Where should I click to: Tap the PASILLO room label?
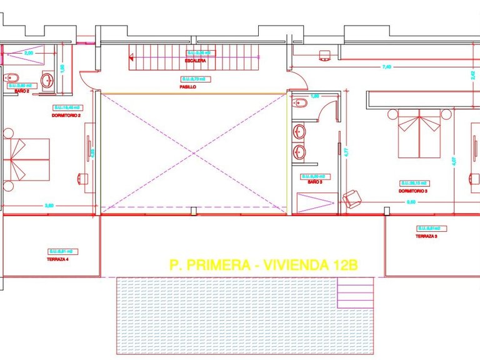pos(187,87)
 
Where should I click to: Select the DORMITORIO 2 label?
pos(67,116)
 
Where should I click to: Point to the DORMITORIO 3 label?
pos(413,191)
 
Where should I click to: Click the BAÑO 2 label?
pos(22,91)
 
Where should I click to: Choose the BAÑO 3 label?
pos(314,182)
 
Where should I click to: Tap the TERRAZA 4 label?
pos(57,259)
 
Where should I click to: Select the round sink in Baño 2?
pos(48,79)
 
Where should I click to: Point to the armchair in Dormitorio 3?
pos(352,199)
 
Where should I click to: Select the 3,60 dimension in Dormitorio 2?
pos(48,205)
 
